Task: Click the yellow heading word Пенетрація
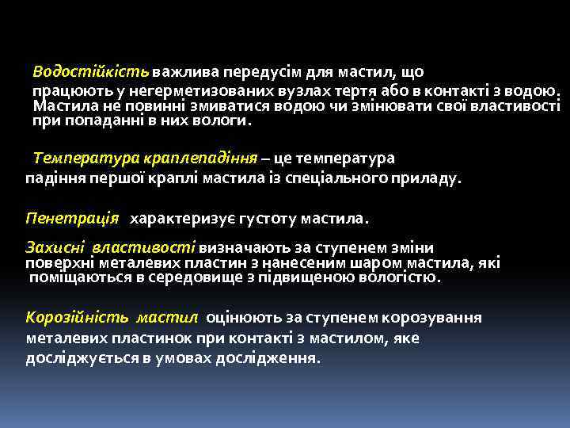click(72, 217)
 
